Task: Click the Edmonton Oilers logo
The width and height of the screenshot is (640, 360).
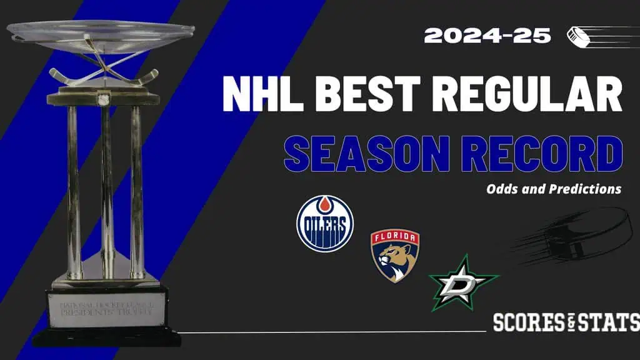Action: click(x=324, y=223)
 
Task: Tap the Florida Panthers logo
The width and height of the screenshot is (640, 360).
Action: click(x=395, y=256)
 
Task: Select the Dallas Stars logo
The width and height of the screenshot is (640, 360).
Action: click(x=463, y=284)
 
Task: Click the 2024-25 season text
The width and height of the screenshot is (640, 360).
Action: click(x=487, y=35)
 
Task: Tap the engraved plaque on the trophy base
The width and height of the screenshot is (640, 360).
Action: click(x=107, y=310)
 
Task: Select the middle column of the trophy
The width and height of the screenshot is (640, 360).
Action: click(x=107, y=187)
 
